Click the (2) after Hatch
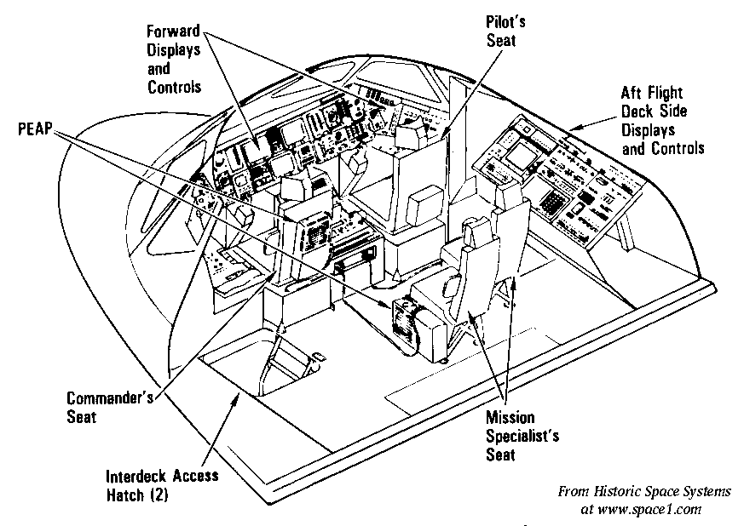click(171, 493)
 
